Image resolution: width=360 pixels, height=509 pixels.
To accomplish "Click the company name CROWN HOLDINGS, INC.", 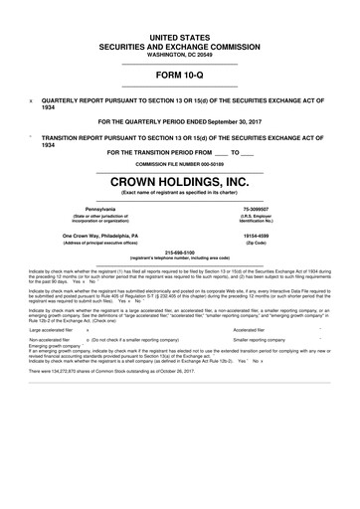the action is click(x=180, y=182).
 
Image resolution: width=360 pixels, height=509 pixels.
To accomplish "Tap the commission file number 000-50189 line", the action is click(x=180, y=163).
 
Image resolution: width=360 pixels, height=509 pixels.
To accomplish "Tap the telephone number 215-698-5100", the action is click(x=180, y=252).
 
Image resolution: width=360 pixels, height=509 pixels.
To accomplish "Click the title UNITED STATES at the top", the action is click(x=180, y=36).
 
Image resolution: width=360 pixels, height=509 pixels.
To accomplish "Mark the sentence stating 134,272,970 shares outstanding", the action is click(x=128, y=372).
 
